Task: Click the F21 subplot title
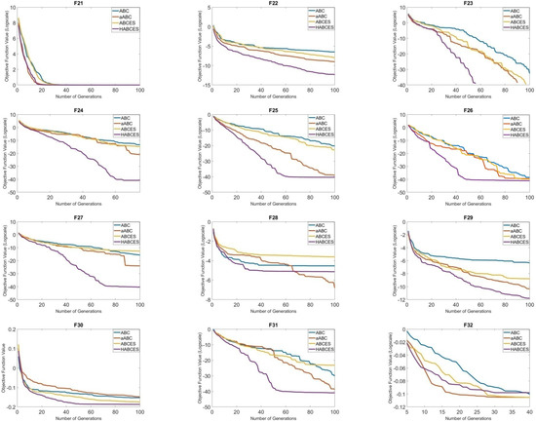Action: click(79, 4)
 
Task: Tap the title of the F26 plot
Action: click(469, 110)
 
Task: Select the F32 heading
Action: click(469, 321)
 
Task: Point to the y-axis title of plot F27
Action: click(5, 256)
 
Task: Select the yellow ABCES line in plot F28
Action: click(292, 254)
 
